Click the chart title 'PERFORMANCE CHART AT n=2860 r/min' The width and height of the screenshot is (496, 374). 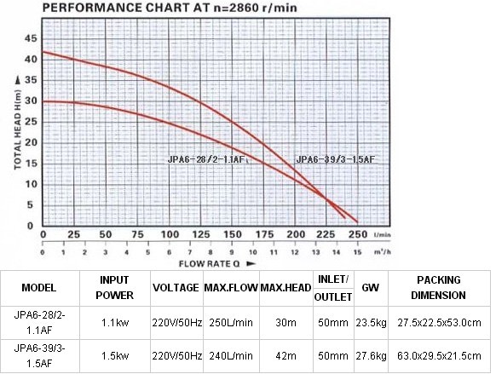[x=170, y=8]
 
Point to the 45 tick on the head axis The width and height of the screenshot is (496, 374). [x=31, y=38]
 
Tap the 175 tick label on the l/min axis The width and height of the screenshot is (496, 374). [x=264, y=234]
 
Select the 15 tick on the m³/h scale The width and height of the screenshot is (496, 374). [x=357, y=252]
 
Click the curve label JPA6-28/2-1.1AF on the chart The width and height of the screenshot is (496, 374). [x=206, y=159]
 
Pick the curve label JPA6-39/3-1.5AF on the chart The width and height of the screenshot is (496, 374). [x=335, y=159]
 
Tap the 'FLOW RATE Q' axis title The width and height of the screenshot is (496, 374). [x=209, y=263]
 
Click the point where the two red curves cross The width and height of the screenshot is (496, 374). [x=326, y=199]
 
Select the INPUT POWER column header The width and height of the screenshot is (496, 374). [x=114, y=288]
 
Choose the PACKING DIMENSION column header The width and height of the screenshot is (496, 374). [x=438, y=288]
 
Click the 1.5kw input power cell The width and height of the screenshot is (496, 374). [x=115, y=356]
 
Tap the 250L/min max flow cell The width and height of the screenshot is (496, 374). [x=231, y=323]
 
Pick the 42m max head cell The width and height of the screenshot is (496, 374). [x=286, y=356]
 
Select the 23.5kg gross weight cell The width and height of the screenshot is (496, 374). [x=371, y=323]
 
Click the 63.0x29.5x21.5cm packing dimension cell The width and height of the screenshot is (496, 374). [x=439, y=356]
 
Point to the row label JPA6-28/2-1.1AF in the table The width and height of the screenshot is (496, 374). [x=39, y=323]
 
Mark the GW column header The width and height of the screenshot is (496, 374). [x=371, y=288]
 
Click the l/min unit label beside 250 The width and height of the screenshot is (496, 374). [x=383, y=235]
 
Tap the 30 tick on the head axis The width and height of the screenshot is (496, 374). [x=31, y=101]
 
